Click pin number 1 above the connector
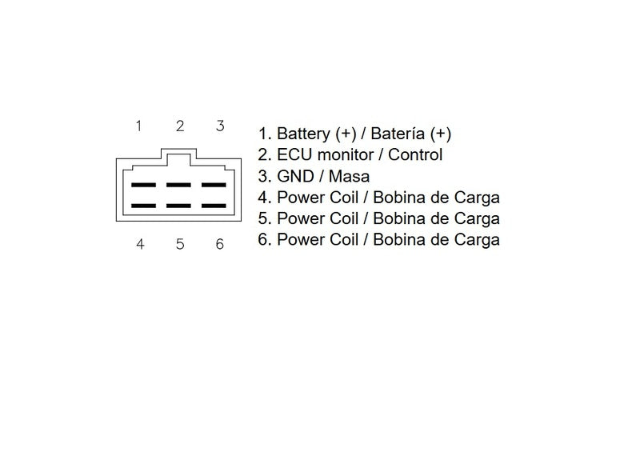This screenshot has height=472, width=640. point(138,126)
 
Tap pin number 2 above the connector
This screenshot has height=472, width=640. point(180,126)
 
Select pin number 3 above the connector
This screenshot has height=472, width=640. point(220,126)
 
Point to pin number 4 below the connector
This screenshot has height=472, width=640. point(140,244)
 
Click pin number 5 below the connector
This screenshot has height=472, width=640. point(180,244)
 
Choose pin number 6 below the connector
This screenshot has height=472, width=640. point(219,244)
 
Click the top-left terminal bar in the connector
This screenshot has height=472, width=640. point(143,185)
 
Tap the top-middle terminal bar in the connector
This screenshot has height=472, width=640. point(178,185)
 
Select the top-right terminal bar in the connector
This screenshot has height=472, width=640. point(214,185)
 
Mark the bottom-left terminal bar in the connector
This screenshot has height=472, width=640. point(143,206)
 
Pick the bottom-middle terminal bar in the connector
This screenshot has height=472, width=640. point(178,206)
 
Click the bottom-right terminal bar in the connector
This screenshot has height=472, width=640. point(214,206)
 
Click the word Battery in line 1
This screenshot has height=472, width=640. point(303,134)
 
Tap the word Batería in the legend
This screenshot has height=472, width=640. point(397,134)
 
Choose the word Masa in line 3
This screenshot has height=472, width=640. point(349,176)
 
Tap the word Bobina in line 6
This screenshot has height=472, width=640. point(397,240)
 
